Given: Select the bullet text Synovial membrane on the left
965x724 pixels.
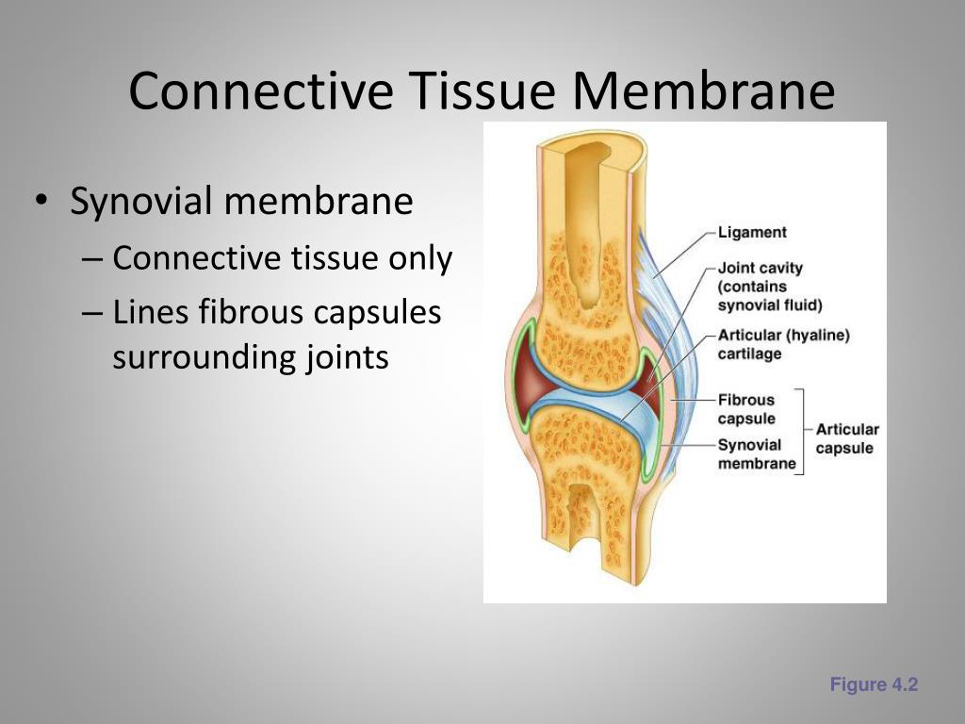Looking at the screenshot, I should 241,201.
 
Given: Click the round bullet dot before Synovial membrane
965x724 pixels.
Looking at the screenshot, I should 41,203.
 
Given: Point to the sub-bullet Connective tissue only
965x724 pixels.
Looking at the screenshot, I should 282,258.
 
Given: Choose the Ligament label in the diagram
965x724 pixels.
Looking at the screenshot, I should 752,232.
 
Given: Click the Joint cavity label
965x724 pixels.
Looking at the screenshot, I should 760,269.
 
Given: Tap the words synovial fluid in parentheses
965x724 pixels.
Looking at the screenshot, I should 770,304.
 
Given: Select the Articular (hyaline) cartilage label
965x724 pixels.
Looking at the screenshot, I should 783,344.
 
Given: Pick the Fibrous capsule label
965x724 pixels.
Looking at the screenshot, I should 746,409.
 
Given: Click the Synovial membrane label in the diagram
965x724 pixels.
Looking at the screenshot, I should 756,453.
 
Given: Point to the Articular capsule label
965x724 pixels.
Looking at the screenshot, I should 846,438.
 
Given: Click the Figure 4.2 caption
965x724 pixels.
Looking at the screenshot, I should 874,685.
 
